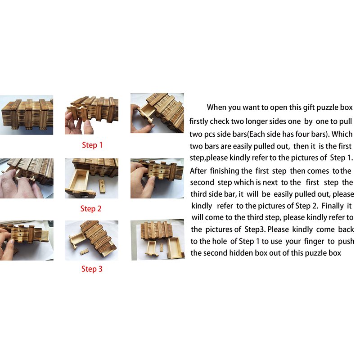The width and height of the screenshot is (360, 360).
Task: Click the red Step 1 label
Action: coord(92,145)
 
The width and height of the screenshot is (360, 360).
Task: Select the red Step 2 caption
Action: coord(91,209)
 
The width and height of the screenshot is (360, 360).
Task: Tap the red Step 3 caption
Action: coord(92,269)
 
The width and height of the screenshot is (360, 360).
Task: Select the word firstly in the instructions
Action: coord(198,121)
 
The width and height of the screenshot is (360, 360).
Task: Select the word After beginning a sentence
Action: coord(198,171)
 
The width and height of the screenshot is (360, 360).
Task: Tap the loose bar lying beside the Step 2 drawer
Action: coord(102,186)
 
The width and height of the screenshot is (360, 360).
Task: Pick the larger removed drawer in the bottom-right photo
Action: coord(175,247)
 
